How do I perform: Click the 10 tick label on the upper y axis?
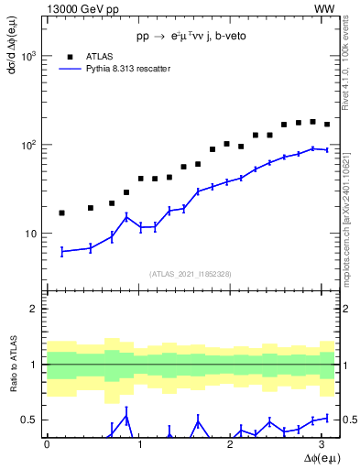click(x=32, y=234)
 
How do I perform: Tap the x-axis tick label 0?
click(x=47, y=444)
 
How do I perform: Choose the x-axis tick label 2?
click(x=233, y=444)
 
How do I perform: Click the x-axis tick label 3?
click(x=326, y=444)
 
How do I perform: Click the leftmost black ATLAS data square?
click(x=61, y=213)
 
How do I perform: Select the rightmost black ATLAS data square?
click(x=327, y=125)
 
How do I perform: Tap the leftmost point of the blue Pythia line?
click(x=61, y=251)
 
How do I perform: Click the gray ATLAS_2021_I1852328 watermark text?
click(x=191, y=274)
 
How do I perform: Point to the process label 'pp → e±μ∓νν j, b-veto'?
click(x=192, y=38)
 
